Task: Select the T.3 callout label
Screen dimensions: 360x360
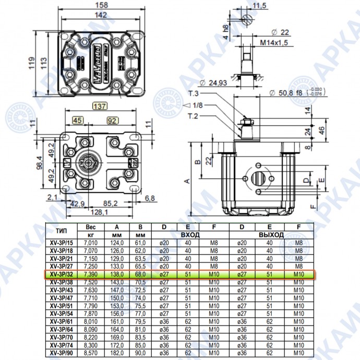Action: coord(194,94)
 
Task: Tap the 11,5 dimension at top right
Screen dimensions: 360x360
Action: coord(259,6)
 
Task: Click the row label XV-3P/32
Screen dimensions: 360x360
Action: coord(61,274)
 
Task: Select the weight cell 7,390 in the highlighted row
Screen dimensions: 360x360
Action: coord(91,274)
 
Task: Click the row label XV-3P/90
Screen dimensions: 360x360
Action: coord(61,353)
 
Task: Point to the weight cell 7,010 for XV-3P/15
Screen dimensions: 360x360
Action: coord(91,243)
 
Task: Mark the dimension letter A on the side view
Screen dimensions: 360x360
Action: coord(186,181)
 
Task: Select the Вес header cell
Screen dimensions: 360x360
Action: coord(91,227)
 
